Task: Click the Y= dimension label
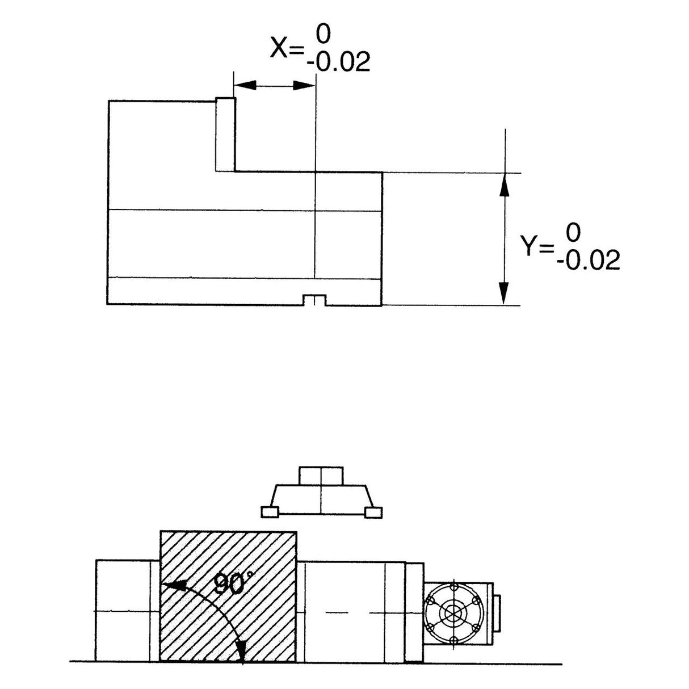[x=536, y=246]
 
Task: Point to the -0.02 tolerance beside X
[x=338, y=62]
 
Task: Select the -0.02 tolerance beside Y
[x=588, y=261]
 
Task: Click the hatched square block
[x=228, y=596]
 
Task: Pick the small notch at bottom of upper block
[x=314, y=300]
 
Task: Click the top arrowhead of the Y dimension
[x=503, y=184]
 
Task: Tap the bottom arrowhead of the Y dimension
[x=503, y=293]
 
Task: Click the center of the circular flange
[x=453, y=614]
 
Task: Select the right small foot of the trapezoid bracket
[x=373, y=512]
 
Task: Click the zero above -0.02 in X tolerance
[x=323, y=35]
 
